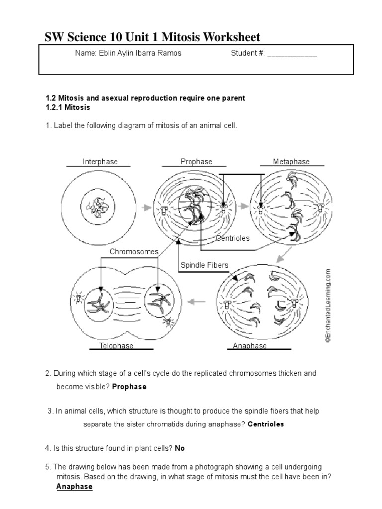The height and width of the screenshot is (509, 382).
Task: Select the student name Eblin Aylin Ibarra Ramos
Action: (x=128, y=54)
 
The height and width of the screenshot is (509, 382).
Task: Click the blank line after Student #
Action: (x=292, y=54)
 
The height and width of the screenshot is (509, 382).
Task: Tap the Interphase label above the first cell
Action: (x=100, y=162)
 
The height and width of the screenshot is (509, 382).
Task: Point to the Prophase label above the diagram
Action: (x=196, y=162)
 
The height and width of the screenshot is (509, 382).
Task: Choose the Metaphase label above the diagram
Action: (x=291, y=162)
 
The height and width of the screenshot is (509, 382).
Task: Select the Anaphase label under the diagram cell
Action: (x=250, y=346)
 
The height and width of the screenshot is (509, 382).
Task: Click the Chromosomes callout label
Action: (x=134, y=252)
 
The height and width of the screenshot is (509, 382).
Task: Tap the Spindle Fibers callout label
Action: (x=204, y=265)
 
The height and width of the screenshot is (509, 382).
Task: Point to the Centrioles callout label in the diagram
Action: (x=233, y=238)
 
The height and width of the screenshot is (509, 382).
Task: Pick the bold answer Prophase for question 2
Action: (x=129, y=387)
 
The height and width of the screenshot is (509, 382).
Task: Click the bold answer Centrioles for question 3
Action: (x=266, y=424)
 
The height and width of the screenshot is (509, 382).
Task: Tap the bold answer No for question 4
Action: (x=180, y=448)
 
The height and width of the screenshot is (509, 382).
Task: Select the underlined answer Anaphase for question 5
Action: (x=74, y=486)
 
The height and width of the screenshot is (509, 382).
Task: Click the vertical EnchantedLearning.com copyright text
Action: (x=328, y=306)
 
